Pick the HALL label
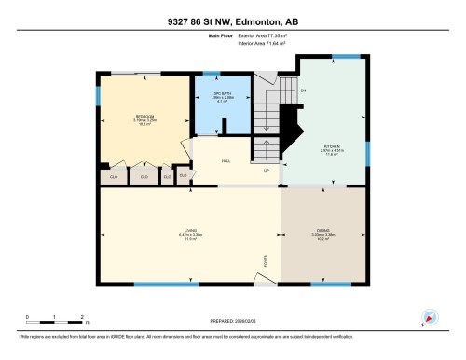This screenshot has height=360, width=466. click(226, 160)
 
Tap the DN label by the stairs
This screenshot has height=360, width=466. click(304, 90)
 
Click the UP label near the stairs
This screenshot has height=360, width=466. click(267, 171)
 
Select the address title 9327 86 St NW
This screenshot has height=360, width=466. click(232, 21)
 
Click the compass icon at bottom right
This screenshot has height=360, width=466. click(430, 317)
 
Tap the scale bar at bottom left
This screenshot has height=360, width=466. click(55, 322)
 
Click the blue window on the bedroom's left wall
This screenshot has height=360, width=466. click(99, 96)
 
